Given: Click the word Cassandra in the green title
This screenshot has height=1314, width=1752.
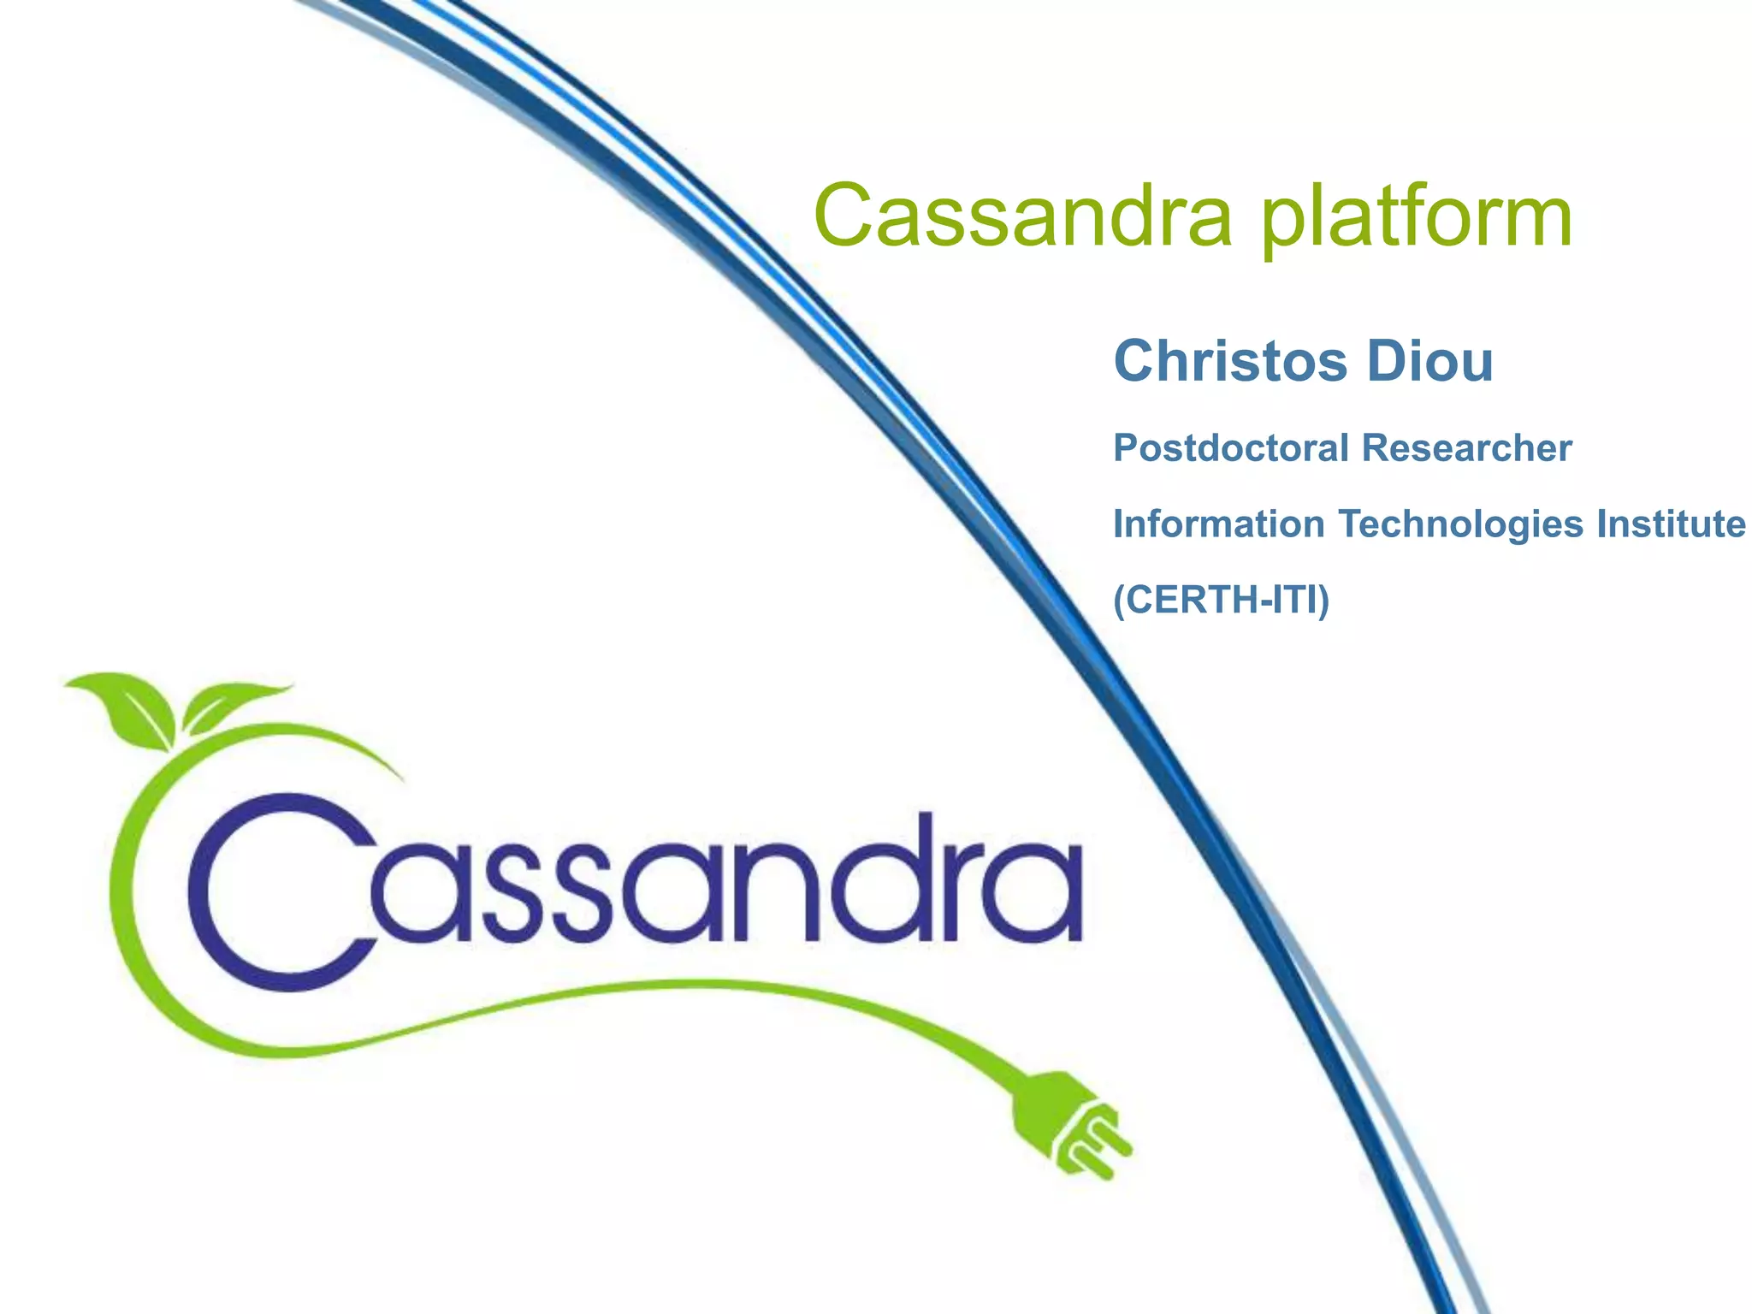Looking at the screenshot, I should click(x=1023, y=216).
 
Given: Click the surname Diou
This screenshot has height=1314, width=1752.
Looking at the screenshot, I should click(x=1430, y=361).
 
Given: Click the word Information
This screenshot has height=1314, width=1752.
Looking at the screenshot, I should click(x=1219, y=524).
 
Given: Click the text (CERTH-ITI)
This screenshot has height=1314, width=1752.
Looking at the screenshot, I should click(x=1221, y=599).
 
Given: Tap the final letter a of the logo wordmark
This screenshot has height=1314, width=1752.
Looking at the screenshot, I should click(x=1036, y=894).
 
